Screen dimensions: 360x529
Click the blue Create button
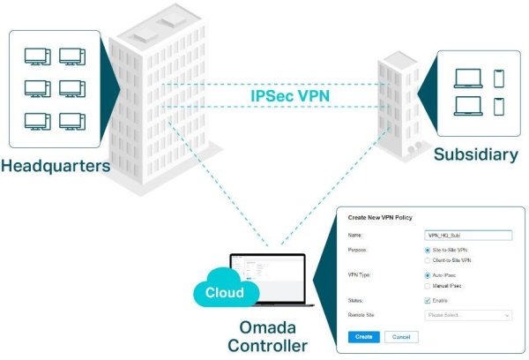pos(361,336)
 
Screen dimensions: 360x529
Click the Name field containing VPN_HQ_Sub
pos(468,236)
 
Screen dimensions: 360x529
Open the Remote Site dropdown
pos(468,314)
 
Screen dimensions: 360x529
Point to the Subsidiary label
pos(476,155)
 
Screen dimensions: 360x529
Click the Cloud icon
pos(226,292)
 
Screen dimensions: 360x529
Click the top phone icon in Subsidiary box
pos(499,78)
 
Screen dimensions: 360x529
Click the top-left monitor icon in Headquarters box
pos(36,56)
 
